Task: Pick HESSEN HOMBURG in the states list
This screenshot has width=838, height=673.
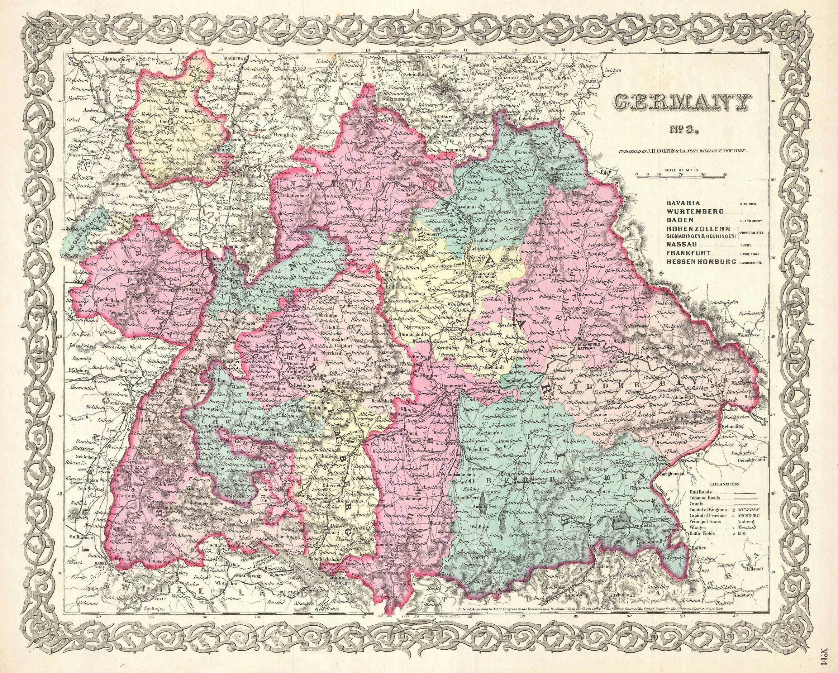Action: coord(701,262)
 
